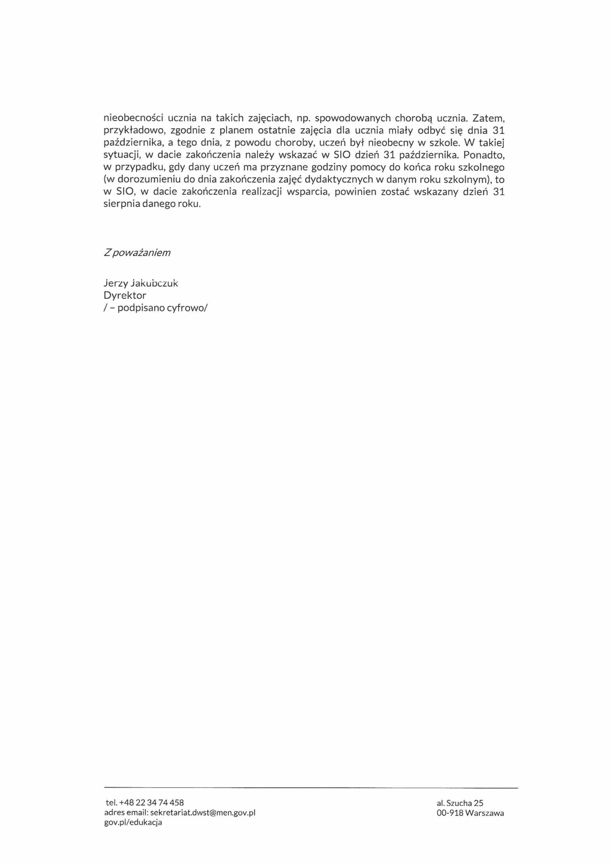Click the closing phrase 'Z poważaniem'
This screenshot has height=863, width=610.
(x=137, y=253)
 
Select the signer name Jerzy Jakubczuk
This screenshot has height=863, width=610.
(x=141, y=284)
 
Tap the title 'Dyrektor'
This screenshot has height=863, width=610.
(x=124, y=295)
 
